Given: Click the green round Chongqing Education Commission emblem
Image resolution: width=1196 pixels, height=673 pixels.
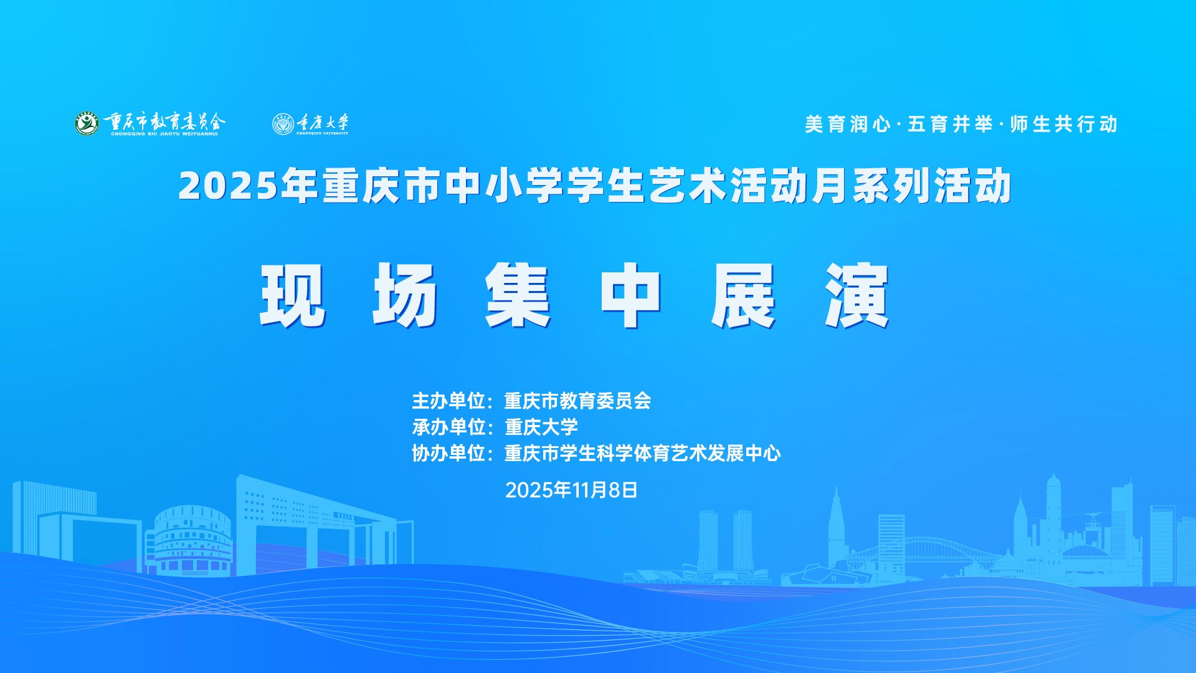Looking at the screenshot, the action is (87, 123).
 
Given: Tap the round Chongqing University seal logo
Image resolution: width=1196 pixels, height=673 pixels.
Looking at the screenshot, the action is (283, 123).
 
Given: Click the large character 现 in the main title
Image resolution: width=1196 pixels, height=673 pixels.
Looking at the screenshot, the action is (293, 295).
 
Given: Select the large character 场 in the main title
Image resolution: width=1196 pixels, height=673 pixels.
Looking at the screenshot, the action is (406, 295).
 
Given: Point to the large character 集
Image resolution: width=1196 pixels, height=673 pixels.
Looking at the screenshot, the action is (518, 295).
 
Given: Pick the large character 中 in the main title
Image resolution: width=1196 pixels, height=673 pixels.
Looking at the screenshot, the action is (631, 295).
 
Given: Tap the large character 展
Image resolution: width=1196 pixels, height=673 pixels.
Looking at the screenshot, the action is (744, 295).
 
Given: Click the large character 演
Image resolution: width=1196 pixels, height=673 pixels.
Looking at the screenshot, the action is (857, 295).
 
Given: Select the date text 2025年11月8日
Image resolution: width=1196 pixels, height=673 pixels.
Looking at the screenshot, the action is (571, 490).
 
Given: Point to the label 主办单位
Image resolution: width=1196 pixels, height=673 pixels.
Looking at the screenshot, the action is (448, 400).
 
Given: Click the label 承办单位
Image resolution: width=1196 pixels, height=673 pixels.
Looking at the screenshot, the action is (448, 427).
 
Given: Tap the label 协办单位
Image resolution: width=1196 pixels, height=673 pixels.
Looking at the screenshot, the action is (448, 454).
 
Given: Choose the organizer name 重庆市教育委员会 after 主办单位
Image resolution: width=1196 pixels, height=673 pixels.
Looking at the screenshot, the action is (577, 400).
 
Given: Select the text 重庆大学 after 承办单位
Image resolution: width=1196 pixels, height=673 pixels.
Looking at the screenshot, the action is (541, 427).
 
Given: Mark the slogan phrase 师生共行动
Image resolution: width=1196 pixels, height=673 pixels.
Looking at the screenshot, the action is (1064, 124).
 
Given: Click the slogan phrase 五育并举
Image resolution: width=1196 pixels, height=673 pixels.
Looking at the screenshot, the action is (950, 124).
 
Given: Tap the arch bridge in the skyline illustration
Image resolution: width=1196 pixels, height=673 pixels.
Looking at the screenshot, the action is (928, 551).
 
